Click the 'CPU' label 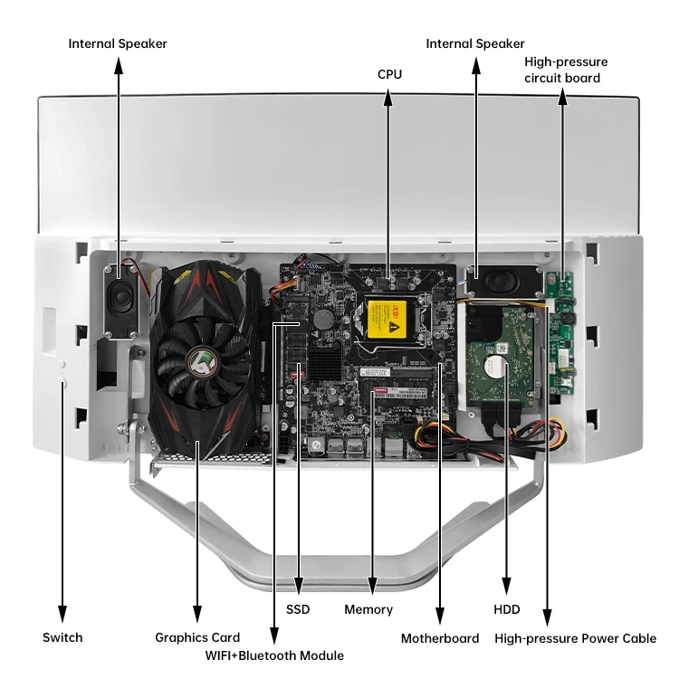pyautogui.click(x=389, y=74)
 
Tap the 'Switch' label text pyautogui.click(x=62, y=637)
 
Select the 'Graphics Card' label pyautogui.click(x=197, y=637)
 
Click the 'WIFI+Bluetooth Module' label pyautogui.click(x=274, y=655)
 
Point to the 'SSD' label pyautogui.click(x=298, y=609)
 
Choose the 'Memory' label pyautogui.click(x=368, y=609)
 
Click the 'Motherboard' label pyautogui.click(x=440, y=638)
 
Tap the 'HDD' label pyautogui.click(x=507, y=609)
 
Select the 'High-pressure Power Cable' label pyautogui.click(x=575, y=638)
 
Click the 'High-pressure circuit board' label pyautogui.click(x=566, y=70)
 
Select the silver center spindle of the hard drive pyautogui.click(x=493, y=367)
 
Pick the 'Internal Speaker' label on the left pyautogui.click(x=118, y=43)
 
